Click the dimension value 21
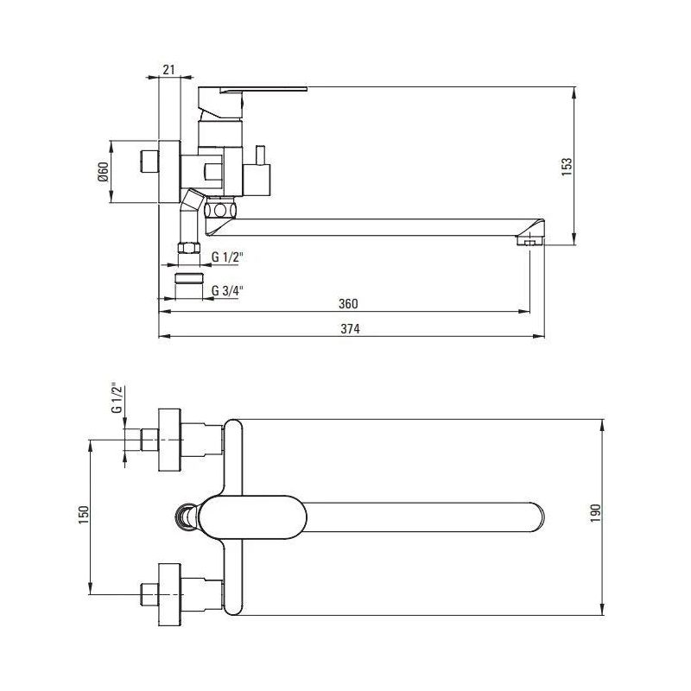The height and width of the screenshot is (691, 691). [168, 69]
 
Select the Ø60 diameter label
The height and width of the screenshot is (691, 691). [103, 172]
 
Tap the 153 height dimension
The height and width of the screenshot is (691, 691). [567, 167]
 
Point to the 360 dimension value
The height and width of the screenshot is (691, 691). [348, 304]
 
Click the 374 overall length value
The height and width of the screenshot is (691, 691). [351, 329]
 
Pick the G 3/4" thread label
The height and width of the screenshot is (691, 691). [227, 290]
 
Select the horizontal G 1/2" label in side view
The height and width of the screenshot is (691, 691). [227, 257]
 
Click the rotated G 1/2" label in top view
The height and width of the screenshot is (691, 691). [117, 397]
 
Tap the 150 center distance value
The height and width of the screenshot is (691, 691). [83, 515]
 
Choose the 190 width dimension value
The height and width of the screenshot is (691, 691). [596, 513]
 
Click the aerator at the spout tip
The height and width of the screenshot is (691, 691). [530, 241]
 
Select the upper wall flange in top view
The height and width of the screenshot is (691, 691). [169, 440]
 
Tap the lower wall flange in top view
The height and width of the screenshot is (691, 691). [169, 594]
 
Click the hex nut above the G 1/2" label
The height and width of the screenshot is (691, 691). [188, 248]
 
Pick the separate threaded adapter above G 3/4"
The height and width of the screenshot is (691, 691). [189, 278]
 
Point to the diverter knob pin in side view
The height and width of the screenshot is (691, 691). [260, 155]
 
